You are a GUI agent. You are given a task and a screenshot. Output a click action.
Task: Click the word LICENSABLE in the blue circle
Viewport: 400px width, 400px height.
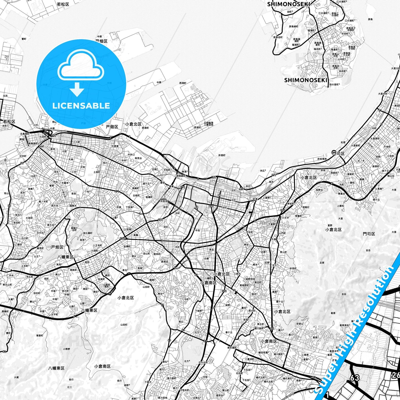point(81,106)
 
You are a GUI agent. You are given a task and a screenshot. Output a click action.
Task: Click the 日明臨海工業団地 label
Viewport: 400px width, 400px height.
point(208,124)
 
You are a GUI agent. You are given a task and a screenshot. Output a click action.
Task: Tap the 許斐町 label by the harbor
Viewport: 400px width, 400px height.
point(222,156)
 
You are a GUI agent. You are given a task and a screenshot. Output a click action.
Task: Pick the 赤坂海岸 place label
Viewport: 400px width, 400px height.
point(322,159)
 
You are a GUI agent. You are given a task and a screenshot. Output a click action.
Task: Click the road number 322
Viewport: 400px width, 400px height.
point(224,291)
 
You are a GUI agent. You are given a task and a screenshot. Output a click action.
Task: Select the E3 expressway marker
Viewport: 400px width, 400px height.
point(314,377)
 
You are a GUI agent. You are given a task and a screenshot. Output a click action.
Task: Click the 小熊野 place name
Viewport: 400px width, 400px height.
point(66,349)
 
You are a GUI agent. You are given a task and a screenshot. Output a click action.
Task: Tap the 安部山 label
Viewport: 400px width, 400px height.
point(300,324)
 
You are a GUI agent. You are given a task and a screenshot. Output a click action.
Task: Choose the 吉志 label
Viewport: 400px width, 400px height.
point(368,250)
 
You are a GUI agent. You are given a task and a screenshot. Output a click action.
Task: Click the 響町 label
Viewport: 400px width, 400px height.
point(24,39)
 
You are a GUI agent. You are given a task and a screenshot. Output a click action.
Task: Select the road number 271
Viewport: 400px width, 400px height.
point(117,191)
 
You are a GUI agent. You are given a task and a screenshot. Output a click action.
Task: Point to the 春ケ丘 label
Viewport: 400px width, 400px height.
point(229,332)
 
